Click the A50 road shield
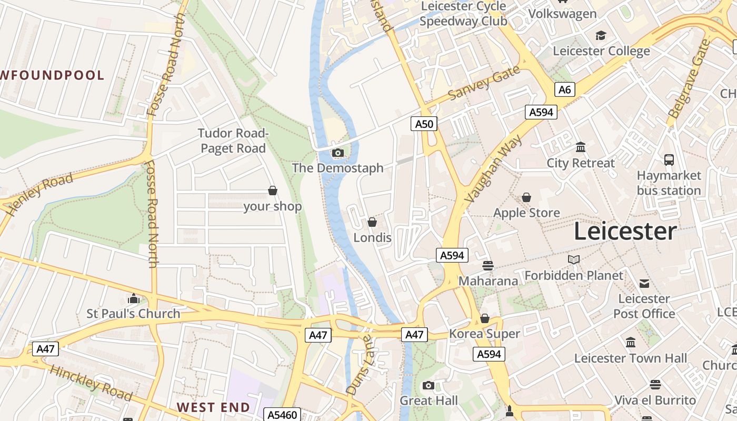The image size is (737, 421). [424, 124]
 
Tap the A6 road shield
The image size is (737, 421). [564, 89]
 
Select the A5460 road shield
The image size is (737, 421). [282, 415]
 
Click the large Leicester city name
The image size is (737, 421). [625, 231]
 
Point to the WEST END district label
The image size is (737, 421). [213, 407]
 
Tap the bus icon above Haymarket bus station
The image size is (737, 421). [669, 160]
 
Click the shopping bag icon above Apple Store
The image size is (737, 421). [526, 197]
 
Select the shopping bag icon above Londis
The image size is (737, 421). [372, 222]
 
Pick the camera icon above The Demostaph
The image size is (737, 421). [338, 153]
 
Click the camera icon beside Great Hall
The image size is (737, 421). [429, 385]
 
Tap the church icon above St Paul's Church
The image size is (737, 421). [134, 299]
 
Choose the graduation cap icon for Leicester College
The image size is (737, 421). [601, 36]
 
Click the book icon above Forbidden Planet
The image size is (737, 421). [573, 259]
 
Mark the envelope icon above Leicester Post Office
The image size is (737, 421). [644, 284]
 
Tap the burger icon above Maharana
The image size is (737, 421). [488, 265]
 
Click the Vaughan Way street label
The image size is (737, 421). [494, 169]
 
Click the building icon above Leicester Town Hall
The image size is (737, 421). [630, 343]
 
